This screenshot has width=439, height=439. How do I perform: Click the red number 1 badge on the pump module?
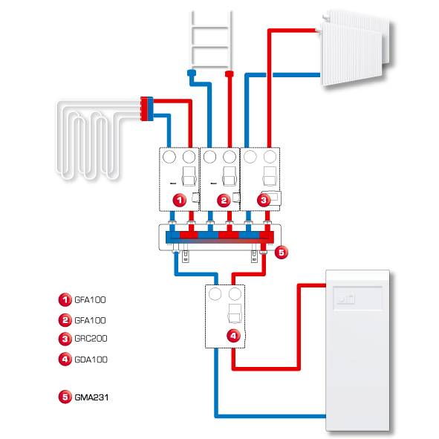180,200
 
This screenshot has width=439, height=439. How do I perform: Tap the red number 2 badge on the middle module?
224,201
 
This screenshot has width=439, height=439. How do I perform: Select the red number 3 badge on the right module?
264,200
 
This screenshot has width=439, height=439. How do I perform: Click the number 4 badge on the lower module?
233,336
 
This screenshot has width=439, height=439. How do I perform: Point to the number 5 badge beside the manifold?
282,253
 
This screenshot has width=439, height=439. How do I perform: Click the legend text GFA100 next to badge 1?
90,300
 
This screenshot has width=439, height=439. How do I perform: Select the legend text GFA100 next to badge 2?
90,320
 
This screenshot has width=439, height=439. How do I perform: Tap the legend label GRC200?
91,339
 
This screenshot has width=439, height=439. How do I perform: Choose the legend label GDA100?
91,360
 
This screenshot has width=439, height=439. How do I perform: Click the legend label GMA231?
91,397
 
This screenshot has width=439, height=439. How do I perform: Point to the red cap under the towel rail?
230,74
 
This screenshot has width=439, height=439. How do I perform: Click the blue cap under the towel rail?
192,73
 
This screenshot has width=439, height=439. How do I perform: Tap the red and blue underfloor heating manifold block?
147,108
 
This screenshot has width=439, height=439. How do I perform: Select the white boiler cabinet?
357,351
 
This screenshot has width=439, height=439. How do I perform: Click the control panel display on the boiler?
357,298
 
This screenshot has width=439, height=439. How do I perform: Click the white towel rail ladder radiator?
211,39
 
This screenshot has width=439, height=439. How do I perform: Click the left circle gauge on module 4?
215,294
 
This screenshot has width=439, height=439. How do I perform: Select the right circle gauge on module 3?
270,157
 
